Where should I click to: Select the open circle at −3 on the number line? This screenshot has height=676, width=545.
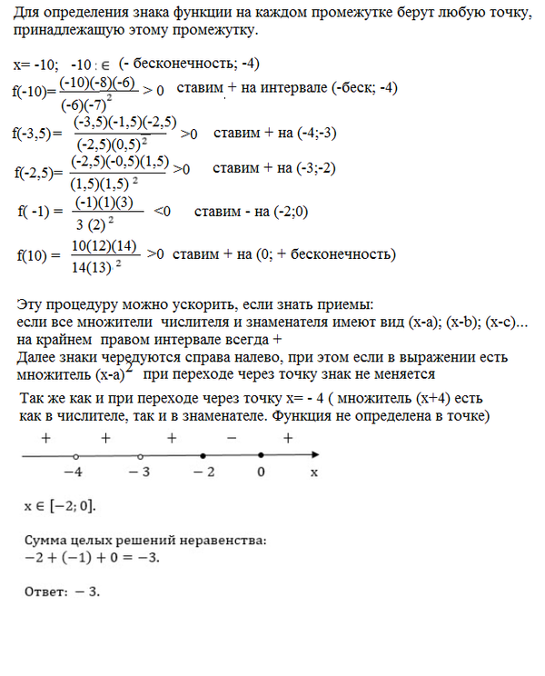pos(138,456)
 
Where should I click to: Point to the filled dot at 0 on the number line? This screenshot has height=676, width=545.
pos(262,456)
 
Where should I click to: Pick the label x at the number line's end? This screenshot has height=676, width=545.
pos(313,473)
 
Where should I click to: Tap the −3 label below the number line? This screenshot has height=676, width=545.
pos(138,473)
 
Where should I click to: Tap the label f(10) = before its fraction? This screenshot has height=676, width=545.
pos(39,254)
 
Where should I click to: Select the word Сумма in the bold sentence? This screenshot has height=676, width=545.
pos(45,540)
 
